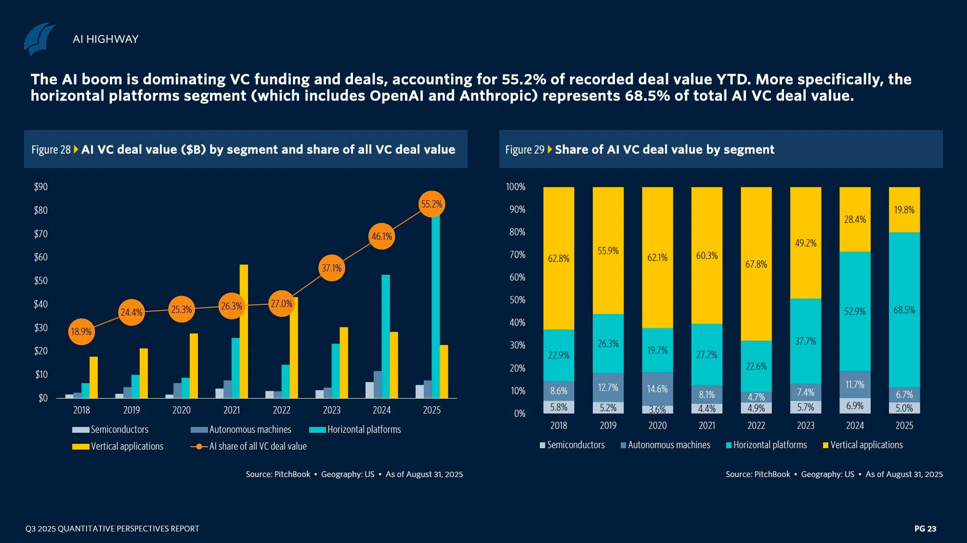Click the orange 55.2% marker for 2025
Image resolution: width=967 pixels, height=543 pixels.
click(x=431, y=204)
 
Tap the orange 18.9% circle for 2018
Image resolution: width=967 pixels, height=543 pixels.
click(x=81, y=332)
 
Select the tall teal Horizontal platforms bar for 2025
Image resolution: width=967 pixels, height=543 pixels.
click(x=435, y=308)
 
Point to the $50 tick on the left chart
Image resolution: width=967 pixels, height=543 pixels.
click(x=41, y=281)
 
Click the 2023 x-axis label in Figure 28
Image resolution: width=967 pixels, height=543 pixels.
click(x=331, y=410)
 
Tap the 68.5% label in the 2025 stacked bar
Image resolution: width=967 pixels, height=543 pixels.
click(x=904, y=310)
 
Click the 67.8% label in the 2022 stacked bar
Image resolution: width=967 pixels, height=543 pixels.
click(x=756, y=264)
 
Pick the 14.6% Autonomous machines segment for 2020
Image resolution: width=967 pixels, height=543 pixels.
click(x=657, y=389)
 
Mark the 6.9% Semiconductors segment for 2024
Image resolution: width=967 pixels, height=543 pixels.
click(x=855, y=406)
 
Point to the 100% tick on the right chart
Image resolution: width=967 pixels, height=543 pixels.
click(x=515, y=187)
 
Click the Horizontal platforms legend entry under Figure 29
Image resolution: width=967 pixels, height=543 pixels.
click(x=770, y=445)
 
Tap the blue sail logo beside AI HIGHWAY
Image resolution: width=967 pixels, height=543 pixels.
click(x=39, y=39)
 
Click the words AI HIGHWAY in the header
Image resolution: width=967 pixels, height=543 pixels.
click(x=105, y=39)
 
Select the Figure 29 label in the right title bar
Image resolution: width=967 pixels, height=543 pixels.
click(x=524, y=150)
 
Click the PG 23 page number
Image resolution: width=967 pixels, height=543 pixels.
click(x=925, y=529)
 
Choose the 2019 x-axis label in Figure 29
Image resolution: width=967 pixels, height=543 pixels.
click(x=608, y=426)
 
